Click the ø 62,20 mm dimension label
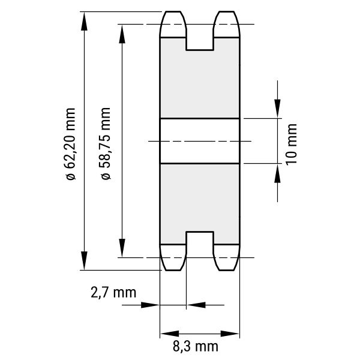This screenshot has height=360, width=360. point(70,144)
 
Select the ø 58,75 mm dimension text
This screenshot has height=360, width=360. point(106,143)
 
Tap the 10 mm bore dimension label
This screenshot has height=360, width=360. point(292,145)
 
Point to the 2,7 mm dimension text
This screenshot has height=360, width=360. point(113,293)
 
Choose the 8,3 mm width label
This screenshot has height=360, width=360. point(196,346)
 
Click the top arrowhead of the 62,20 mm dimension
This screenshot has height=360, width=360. point(84,22)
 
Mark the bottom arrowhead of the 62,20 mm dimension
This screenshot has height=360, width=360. point(84,260)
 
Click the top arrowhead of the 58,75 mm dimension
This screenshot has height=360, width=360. point(122,34)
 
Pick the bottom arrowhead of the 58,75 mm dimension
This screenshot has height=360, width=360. point(122,248)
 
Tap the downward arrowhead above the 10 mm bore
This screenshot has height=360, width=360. point(277,109)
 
